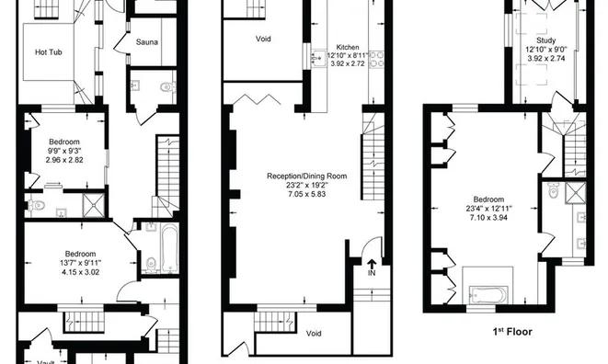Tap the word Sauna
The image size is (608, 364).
point(146,42)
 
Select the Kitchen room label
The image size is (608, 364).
point(347,47)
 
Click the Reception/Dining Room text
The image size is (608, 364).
point(306,175)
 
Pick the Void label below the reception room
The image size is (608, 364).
point(313,333)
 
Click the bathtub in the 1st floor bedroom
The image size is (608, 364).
point(488,296)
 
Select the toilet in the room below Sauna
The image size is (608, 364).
point(166,88)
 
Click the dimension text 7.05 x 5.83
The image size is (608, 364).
point(306,195)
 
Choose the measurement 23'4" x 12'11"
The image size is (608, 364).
point(488,209)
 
